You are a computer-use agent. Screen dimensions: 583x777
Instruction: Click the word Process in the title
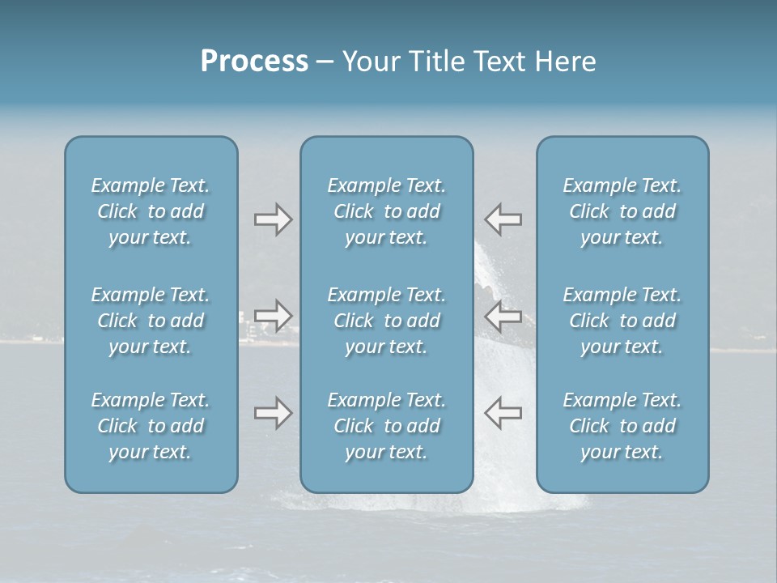(x=254, y=62)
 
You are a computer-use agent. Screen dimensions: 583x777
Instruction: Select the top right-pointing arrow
(x=273, y=219)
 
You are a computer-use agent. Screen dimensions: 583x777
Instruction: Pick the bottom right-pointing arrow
(x=273, y=413)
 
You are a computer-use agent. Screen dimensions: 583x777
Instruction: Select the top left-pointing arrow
(x=503, y=219)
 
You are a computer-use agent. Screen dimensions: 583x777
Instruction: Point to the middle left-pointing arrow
(x=503, y=316)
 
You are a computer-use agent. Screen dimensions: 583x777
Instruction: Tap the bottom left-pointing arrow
(x=503, y=413)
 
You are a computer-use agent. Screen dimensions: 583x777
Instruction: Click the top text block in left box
(x=151, y=211)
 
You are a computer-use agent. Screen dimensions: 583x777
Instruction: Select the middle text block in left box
(x=151, y=321)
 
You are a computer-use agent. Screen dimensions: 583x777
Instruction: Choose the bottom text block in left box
(x=151, y=426)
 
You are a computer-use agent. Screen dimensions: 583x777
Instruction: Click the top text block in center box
(x=387, y=211)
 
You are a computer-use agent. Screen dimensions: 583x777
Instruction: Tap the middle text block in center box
(x=387, y=321)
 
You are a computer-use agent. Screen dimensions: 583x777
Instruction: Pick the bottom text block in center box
(x=387, y=426)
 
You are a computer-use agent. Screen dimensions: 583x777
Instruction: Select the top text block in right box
(x=622, y=211)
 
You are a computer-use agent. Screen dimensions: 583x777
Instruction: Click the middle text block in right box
(x=622, y=321)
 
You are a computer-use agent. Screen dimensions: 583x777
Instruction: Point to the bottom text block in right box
(x=622, y=426)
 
